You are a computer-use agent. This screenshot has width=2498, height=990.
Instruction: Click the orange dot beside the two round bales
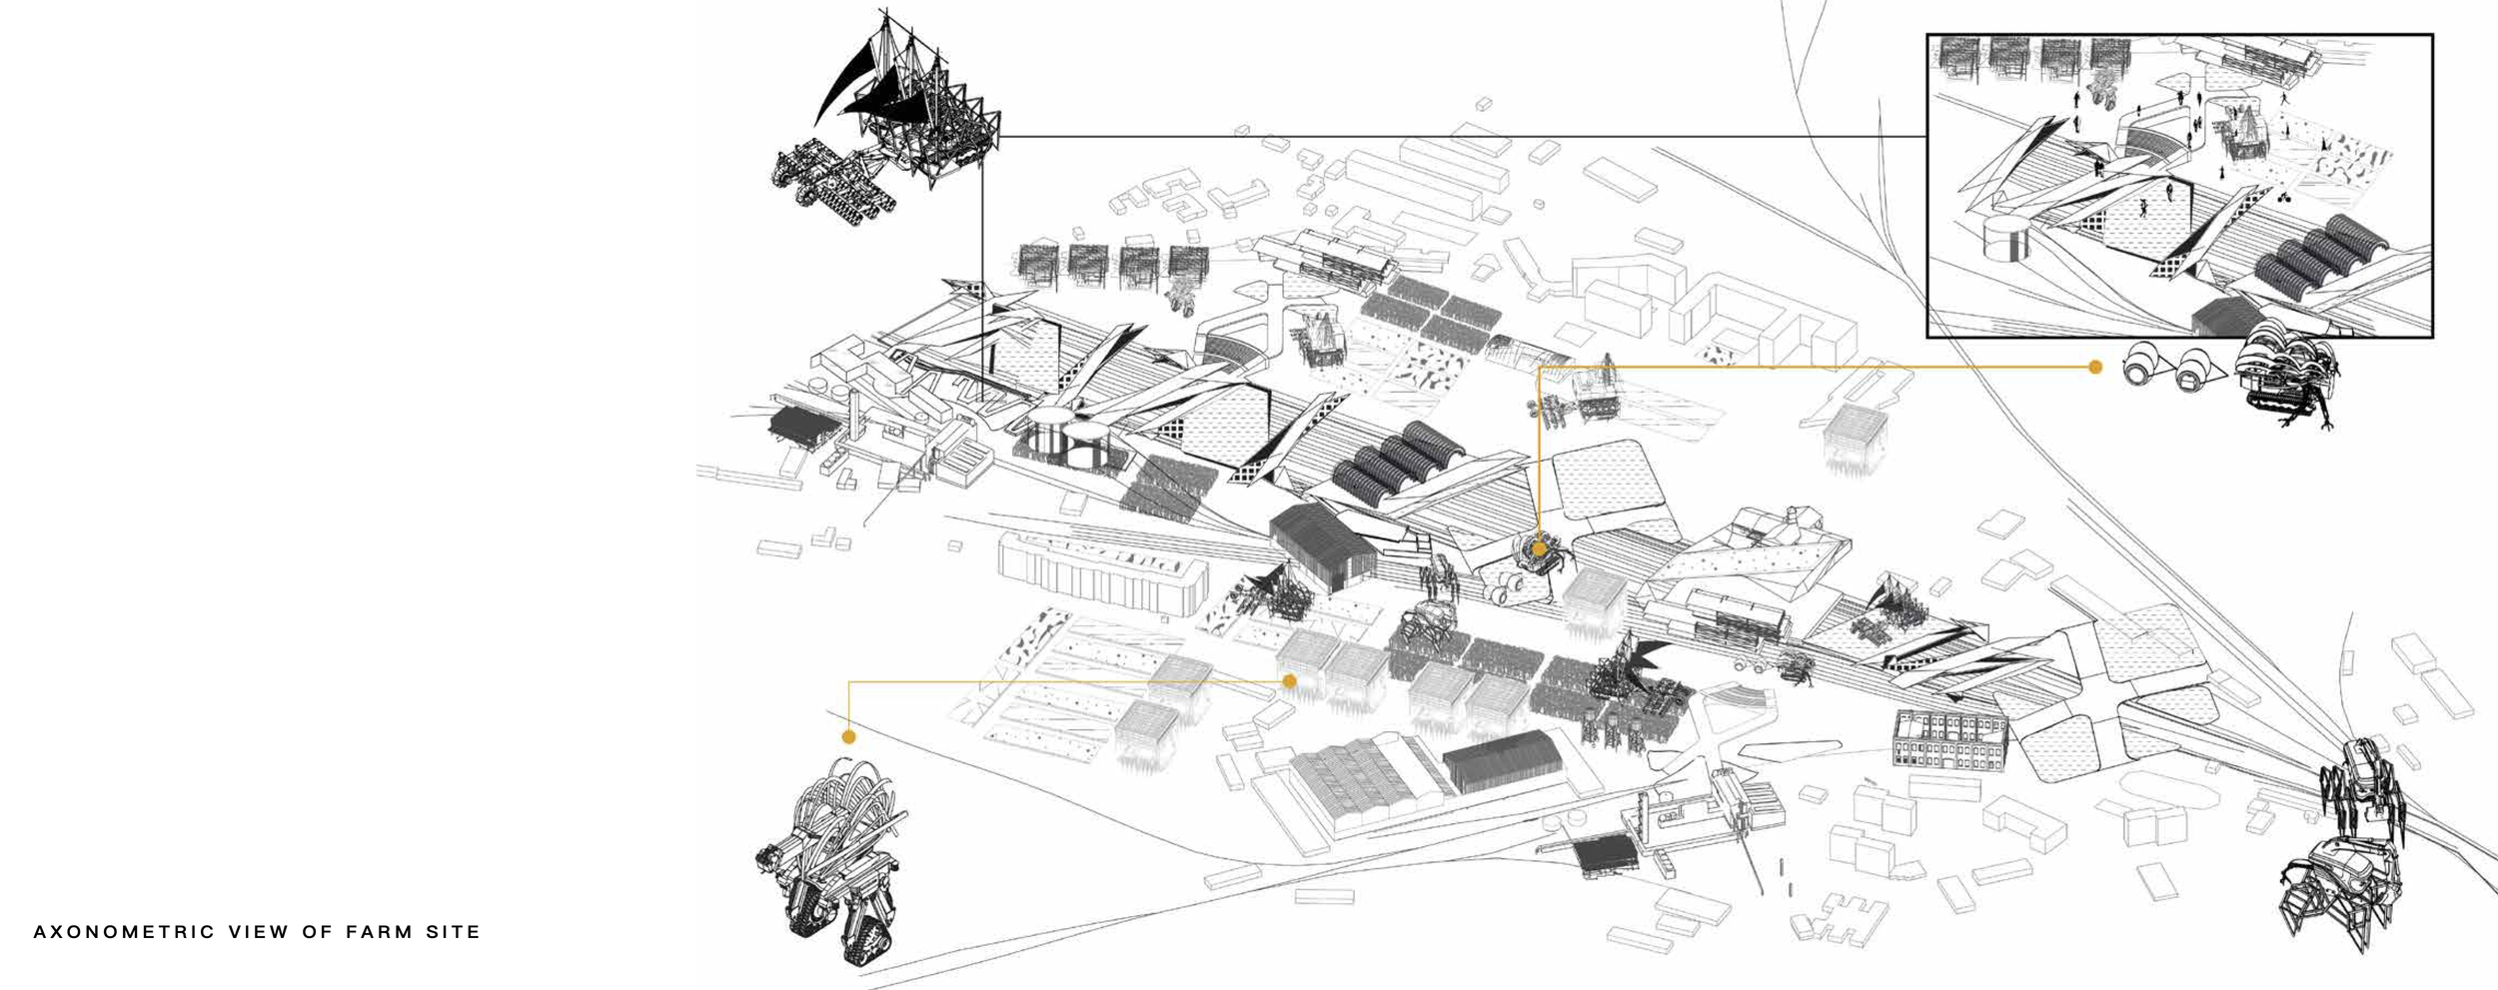pos(2095,368)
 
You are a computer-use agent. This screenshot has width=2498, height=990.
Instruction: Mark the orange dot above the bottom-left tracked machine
pos(848,737)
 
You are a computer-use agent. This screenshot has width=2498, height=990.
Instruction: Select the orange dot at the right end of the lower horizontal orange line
pos(1289,681)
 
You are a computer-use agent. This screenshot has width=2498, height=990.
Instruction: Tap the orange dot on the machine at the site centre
pos(1539,549)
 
